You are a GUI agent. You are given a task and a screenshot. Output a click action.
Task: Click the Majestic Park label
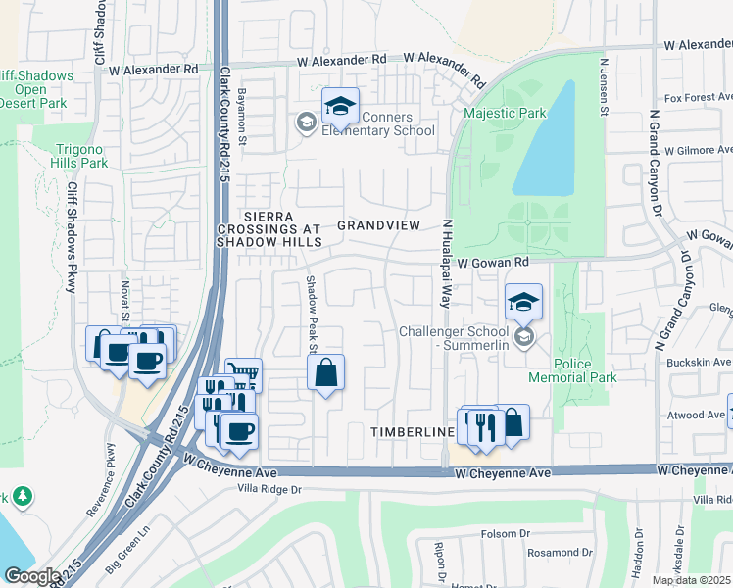click(505, 114)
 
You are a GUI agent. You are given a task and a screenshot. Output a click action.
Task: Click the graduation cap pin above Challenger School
click(523, 303)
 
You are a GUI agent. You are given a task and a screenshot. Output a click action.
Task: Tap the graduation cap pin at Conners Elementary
click(340, 107)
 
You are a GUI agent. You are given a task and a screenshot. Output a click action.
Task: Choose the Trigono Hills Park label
click(68, 156)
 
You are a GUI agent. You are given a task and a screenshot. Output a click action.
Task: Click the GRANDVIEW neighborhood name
click(378, 225)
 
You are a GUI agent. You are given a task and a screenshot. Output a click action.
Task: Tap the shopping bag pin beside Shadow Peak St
click(326, 373)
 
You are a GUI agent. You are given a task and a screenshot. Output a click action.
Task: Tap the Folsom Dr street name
click(506, 534)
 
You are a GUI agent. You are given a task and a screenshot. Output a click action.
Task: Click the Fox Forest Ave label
click(698, 98)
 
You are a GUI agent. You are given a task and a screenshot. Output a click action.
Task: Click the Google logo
click(32, 576)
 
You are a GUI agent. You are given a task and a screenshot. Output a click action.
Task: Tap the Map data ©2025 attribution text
click(691, 580)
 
